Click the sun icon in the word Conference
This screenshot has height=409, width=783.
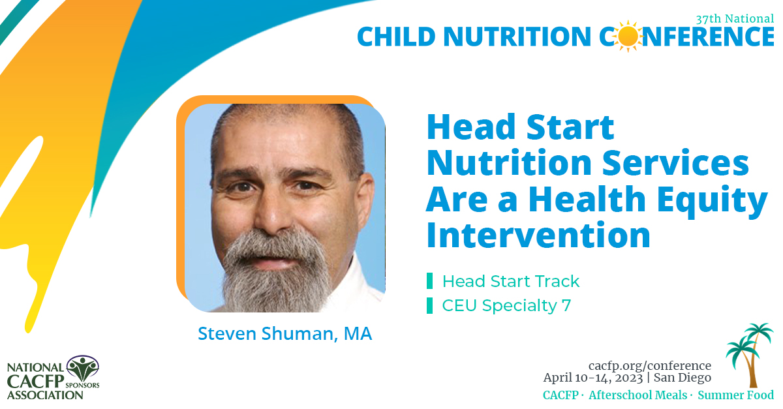(629, 36)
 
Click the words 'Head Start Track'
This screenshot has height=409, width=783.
(510, 281)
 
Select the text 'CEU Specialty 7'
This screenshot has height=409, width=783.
(506, 305)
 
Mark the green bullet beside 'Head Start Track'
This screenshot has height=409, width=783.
(429, 281)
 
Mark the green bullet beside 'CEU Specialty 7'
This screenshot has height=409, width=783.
(429, 305)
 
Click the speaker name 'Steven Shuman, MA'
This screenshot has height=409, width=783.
(284, 333)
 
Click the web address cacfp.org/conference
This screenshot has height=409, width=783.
(649, 365)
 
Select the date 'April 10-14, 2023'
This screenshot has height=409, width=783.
(591, 378)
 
